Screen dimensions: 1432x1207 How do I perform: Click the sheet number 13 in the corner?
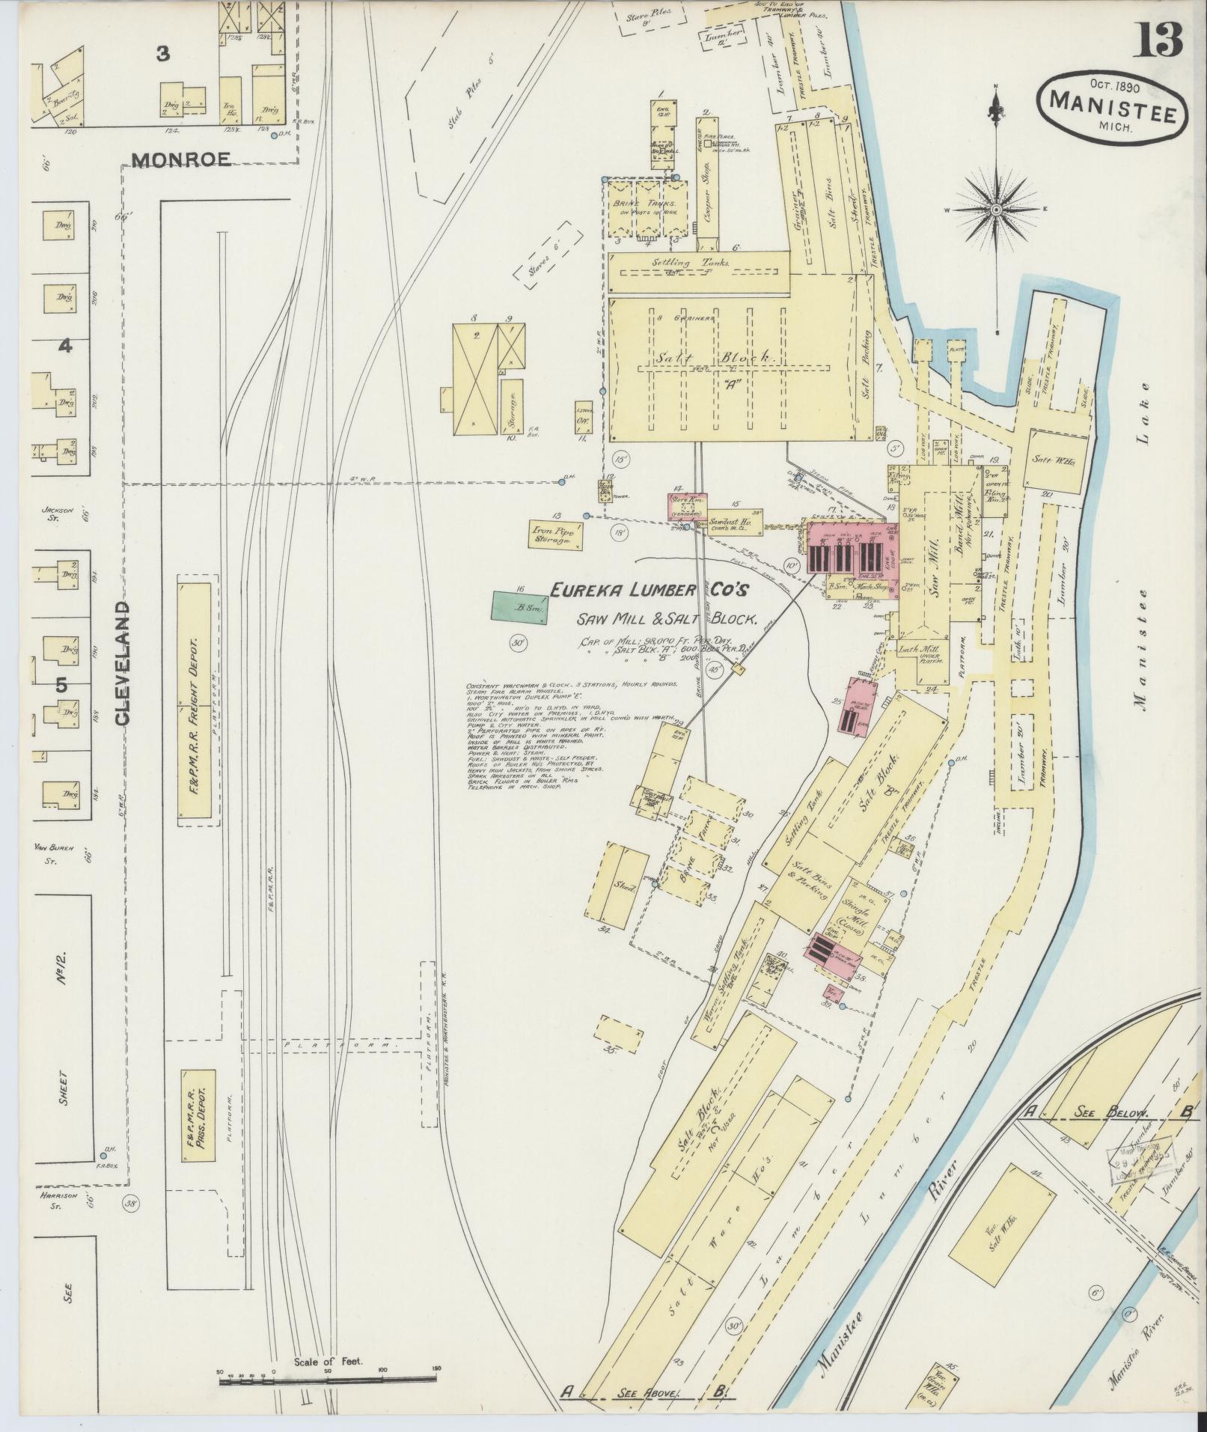point(1161,40)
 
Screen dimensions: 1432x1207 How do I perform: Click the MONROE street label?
point(180,158)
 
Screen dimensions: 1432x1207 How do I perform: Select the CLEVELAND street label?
point(123,662)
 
